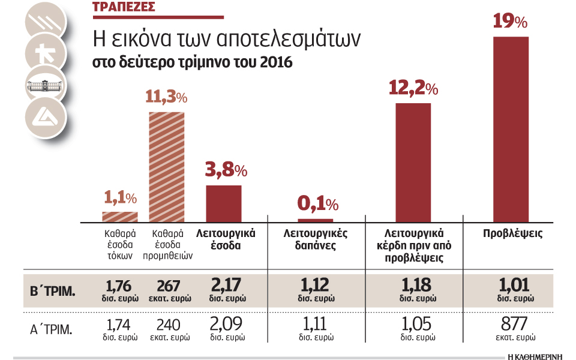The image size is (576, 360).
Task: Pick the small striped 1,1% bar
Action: (120, 217)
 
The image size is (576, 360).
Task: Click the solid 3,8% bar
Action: (224, 203)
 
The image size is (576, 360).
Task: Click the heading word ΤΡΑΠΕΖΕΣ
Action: (124, 8)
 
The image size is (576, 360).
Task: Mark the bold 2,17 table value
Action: (227, 286)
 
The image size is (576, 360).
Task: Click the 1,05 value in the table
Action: (416, 324)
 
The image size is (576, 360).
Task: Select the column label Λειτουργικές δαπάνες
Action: (315, 239)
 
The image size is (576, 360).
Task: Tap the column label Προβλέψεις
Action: (512, 233)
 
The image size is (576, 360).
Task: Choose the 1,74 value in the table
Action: (118, 324)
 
